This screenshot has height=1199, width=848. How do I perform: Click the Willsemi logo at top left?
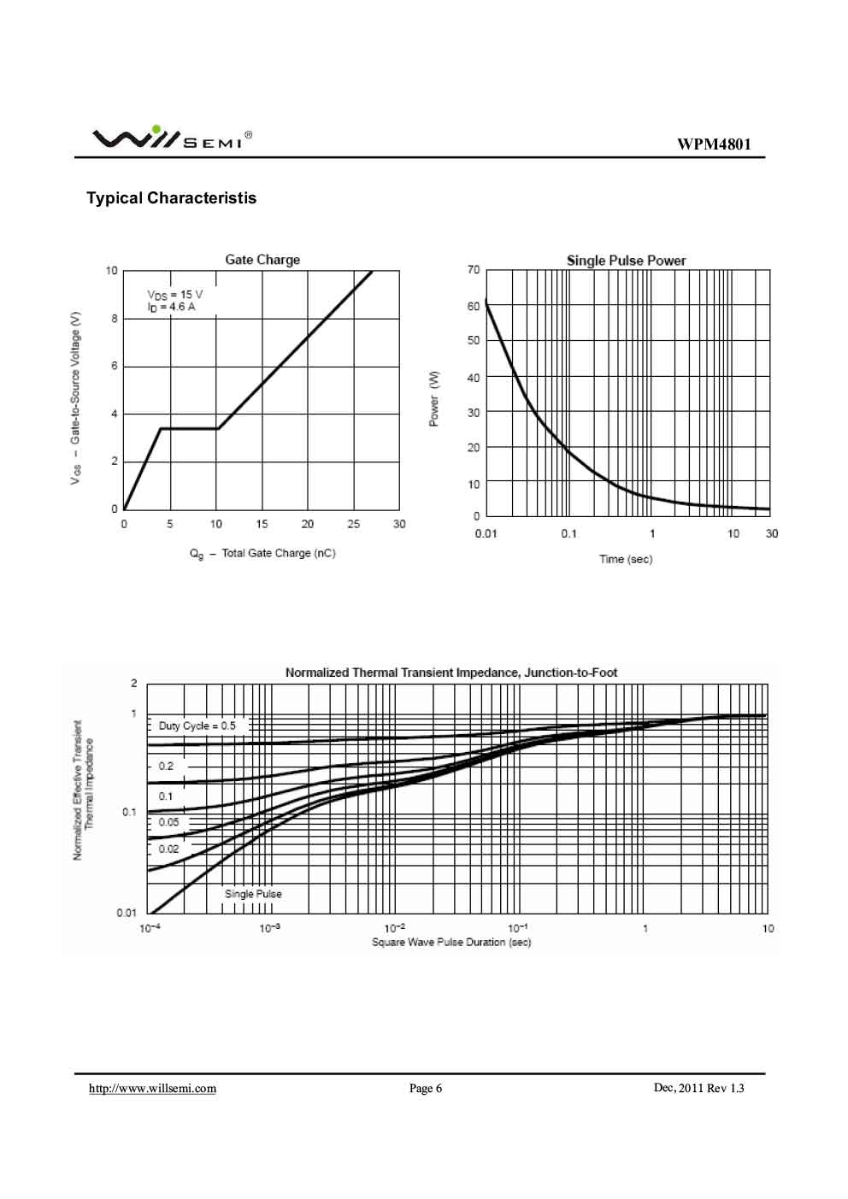click(171, 138)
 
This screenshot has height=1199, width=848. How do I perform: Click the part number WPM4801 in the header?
click(714, 144)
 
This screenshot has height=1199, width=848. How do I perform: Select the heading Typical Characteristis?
click(171, 198)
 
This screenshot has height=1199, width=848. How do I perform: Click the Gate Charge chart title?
click(262, 260)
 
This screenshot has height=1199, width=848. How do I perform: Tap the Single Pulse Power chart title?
click(626, 261)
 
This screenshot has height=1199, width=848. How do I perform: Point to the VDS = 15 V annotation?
click(175, 294)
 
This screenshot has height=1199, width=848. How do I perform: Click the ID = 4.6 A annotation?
click(171, 307)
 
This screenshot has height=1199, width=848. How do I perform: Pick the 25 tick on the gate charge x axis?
click(353, 524)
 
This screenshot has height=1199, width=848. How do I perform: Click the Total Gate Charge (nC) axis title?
click(262, 554)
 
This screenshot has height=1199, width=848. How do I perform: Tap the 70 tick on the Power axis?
click(474, 270)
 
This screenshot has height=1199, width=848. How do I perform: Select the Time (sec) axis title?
click(625, 559)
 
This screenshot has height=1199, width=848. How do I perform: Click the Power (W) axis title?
click(434, 399)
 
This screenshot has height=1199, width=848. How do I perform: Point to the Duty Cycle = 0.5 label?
click(197, 726)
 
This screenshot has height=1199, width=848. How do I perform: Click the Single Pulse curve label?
click(253, 894)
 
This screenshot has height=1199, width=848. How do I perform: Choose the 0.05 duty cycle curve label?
click(168, 822)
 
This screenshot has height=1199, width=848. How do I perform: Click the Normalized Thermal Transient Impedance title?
click(450, 673)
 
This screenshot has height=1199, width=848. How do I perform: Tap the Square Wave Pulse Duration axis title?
click(450, 943)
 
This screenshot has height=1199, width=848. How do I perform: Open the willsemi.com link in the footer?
click(153, 1088)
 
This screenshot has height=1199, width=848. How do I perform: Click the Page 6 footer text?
click(425, 1088)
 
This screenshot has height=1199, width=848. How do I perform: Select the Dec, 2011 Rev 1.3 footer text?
click(698, 1088)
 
